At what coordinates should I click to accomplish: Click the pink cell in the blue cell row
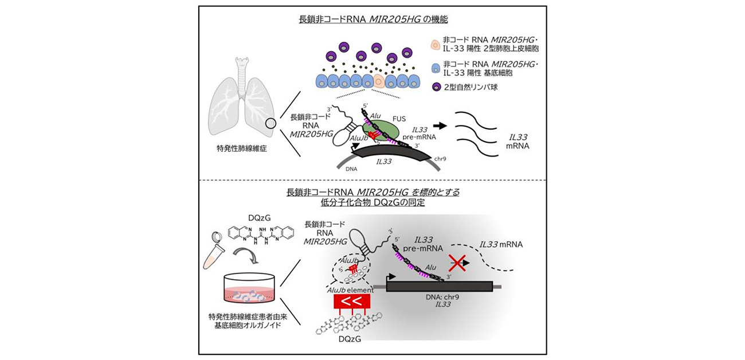tap(380, 81)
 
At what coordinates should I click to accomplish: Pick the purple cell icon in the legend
tap(436, 87)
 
